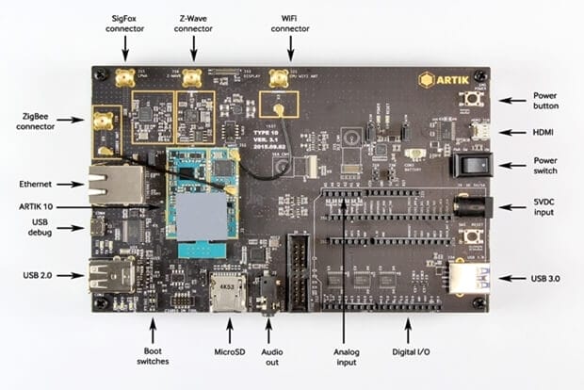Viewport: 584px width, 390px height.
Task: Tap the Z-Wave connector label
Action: click(193, 22)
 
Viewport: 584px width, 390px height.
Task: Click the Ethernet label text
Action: click(35, 184)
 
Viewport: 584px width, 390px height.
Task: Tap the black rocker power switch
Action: click(470, 166)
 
